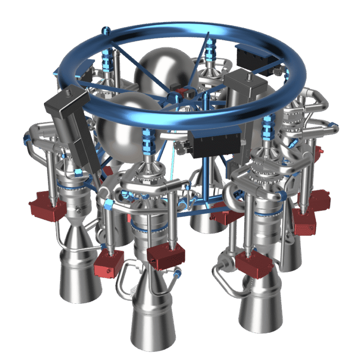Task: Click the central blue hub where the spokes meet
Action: click(x=174, y=97)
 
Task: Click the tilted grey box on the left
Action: click(x=71, y=126)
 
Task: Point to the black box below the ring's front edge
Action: click(x=216, y=142)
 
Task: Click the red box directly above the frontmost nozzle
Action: click(x=165, y=257)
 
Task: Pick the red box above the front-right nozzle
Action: click(x=254, y=264)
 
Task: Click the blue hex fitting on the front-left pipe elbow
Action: click(x=109, y=204)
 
